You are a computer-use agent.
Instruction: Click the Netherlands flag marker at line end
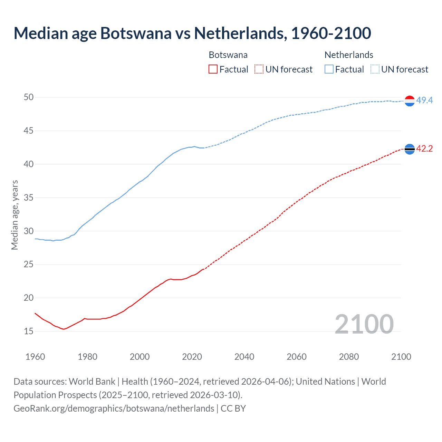(410, 101)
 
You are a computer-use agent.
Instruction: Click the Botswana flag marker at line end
(410, 149)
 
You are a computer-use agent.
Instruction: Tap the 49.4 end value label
(424, 100)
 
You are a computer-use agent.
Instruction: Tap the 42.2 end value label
(424, 149)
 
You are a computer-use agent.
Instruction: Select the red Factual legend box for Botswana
(213, 69)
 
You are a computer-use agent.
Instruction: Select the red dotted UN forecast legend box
(259, 69)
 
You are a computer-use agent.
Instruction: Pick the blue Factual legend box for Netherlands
(329, 69)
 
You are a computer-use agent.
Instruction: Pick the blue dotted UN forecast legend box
(375, 69)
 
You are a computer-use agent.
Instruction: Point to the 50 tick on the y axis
(29, 97)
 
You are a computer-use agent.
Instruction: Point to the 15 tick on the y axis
(29, 331)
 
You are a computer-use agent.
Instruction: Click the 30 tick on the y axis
(29, 231)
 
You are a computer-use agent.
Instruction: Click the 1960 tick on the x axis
(35, 357)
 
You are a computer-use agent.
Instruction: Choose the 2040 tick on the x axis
(244, 357)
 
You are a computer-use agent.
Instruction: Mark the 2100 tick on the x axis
(401, 357)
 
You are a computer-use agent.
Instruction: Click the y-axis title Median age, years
(15, 215)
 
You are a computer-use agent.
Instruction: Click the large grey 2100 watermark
(364, 324)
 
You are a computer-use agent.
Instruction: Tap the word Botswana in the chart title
(136, 33)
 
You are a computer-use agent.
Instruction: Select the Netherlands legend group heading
(349, 55)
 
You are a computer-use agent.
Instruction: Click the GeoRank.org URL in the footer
(114, 409)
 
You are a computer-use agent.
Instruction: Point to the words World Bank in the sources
(92, 382)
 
